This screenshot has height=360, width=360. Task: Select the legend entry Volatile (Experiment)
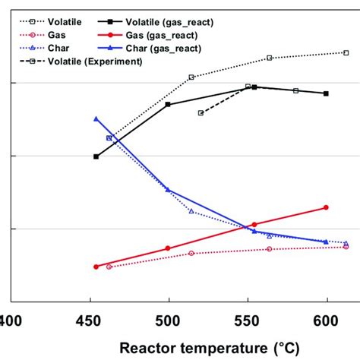point(94,62)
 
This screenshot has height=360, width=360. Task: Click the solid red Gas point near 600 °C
point(326,207)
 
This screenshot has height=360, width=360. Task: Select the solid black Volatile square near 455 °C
point(96,156)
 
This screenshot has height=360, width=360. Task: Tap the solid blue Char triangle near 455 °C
point(96,118)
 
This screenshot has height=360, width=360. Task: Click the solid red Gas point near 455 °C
point(96,267)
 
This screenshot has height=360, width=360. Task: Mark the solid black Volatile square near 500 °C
point(168,104)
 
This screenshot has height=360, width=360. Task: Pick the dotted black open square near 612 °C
point(346,52)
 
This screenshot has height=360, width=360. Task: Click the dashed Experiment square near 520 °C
point(201,113)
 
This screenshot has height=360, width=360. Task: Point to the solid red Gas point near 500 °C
point(168,248)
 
